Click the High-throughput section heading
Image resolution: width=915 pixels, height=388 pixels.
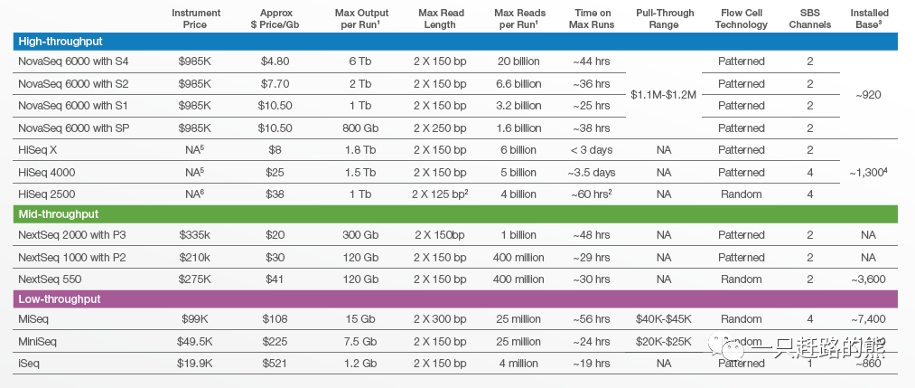[61, 41]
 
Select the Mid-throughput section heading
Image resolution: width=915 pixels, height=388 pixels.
[59, 214]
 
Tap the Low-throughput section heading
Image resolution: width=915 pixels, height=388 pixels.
[60, 299]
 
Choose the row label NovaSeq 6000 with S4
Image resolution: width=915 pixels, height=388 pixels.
[75, 62]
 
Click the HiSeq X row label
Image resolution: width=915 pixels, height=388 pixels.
[42, 150]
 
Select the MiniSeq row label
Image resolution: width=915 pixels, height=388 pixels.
[41, 342]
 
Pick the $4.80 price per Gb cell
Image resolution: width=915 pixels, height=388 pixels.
[275, 62]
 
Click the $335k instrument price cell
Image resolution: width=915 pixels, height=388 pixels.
[195, 235]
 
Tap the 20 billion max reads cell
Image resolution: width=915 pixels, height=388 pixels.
[519, 62]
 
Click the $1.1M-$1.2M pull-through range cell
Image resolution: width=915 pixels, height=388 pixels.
[664, 95]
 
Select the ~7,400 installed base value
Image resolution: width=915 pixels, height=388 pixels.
[867, 319]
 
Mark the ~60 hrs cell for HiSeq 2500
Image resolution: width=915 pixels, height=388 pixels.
[593, 194]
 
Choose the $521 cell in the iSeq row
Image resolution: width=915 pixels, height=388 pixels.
[275, 364]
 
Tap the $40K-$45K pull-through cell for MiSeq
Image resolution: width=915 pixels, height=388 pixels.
[664, 319]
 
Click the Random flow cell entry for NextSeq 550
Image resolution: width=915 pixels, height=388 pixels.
[741, 279]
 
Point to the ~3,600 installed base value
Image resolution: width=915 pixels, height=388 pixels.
[867, 279]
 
